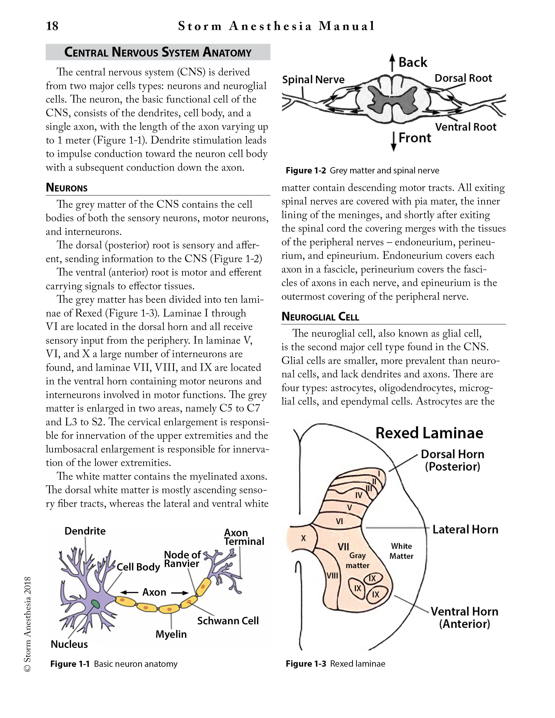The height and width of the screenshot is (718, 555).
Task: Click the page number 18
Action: pyautogui.click(x=52, y=26)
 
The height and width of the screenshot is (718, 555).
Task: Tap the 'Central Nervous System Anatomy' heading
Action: pyautogui.click(x=158, y=52)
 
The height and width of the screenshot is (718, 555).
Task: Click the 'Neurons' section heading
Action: pyautogui.click(x=67, y=188)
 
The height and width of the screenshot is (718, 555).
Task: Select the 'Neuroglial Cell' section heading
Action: pyautogui.click(x=320, y=317)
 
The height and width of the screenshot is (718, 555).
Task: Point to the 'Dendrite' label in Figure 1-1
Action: pyautogui.click(x=85, y=531)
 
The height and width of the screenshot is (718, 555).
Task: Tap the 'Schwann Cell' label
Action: pyautogui.click(x=228, y=621)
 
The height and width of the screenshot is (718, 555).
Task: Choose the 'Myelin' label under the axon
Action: pyautogui.click(x=171, y=634)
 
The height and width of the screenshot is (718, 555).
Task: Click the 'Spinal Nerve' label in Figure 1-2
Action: pyautogui.click(x=313, y=80)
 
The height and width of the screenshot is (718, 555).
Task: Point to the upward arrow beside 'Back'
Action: pyautogui.click(x=392, y=62)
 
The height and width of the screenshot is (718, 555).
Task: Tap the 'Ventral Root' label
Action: pyautogui.click(x=466, y=127)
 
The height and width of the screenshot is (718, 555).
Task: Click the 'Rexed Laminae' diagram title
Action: pyautogui.click(x=429, y=433)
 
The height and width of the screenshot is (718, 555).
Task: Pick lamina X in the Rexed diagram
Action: pyautogui.click(x=303, y=538)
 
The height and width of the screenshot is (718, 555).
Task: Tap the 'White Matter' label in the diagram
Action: pyautogui.click(x=401, y=551)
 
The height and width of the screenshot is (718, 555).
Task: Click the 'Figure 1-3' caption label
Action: pyautogui.click(x=306, y=664)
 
